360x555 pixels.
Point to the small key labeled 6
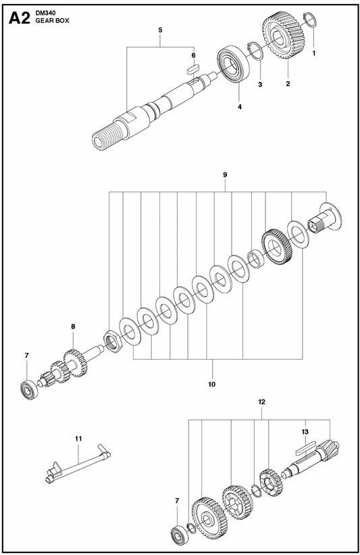click(192, 67)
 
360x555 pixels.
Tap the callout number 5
click(159, 30)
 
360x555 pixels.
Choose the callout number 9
click(225, 174)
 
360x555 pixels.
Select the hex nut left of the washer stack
click(111, 339)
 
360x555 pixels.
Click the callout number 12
click(261, 402)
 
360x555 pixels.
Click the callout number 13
click(305, 431)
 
